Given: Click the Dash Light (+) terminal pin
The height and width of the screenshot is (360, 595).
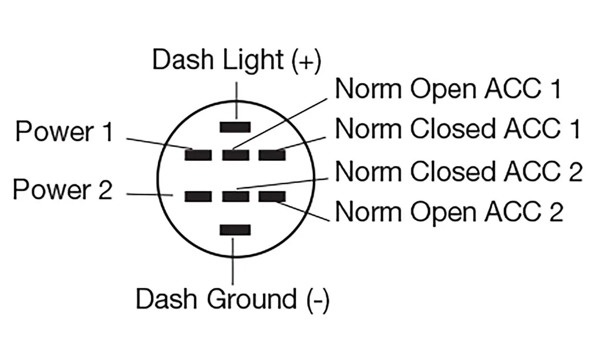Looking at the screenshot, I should (235, 127).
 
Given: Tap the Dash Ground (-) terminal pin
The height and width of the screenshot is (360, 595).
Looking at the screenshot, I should (235, 229).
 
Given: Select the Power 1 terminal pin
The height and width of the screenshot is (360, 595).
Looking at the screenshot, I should (198, 155).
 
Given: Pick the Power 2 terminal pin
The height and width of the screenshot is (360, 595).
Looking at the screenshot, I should (198, 197).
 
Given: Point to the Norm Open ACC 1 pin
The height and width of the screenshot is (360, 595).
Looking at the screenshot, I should (235, 155).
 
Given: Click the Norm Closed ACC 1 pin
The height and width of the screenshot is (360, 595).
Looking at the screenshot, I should (272, 155).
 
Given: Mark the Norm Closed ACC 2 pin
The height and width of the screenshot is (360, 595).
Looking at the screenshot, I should (235, 197).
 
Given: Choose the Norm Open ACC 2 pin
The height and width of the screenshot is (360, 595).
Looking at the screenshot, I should (272, 197).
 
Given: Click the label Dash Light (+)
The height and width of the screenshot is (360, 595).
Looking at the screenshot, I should (236, 61).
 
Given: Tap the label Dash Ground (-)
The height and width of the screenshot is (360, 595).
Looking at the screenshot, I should (232, 299).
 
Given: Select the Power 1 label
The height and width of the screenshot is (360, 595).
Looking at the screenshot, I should (65, 133).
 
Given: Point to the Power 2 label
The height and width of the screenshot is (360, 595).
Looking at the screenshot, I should (63, 190).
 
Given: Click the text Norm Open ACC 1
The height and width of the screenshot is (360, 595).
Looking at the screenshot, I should (448, 89).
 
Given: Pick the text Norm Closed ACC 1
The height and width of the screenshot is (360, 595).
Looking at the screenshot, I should (458, 129).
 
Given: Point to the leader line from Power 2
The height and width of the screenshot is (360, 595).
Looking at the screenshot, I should (149, 195).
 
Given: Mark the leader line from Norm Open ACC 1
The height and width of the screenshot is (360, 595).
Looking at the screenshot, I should (283, 122).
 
